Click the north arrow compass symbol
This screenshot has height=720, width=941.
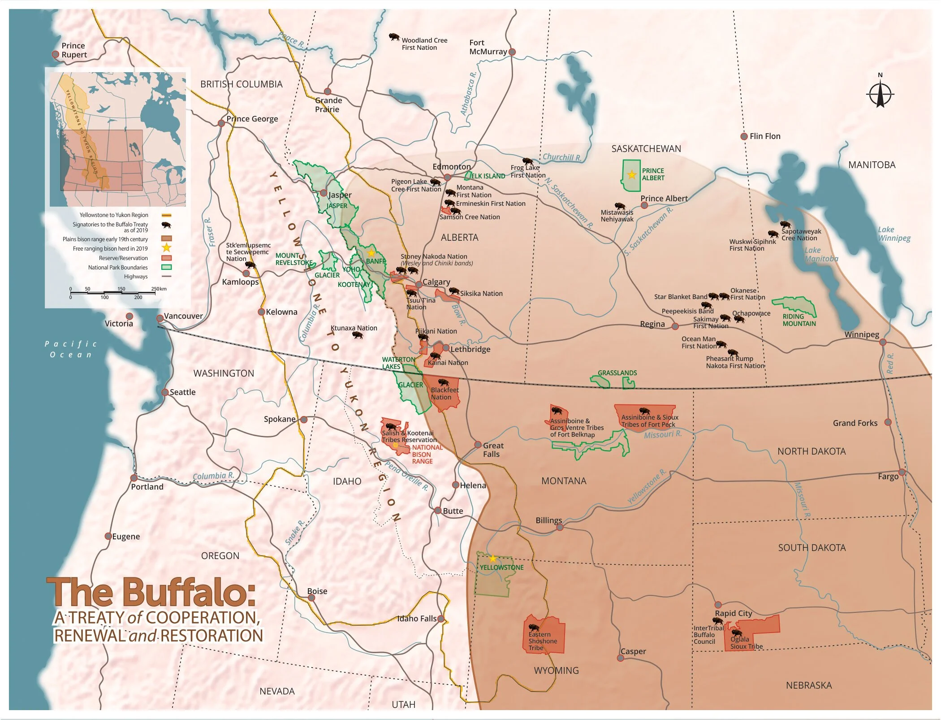click(x=880, y=94)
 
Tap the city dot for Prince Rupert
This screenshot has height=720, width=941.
click(x=56, y=54)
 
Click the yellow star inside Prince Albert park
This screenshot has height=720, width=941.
click(x=632, y=175)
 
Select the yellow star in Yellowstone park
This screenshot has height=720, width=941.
click(x=493, y=559)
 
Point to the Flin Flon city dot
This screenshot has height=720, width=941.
click(x=744, y=136)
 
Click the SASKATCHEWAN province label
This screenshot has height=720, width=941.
click(x=646, y=149)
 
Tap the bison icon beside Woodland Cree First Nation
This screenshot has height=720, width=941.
click(x=394, y=37)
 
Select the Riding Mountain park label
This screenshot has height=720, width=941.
click(x=799, y=320)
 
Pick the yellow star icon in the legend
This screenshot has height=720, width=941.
click(x=166, y=247)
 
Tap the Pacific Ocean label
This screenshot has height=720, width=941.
click(x=71, y=349)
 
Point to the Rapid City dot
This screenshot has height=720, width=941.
click(x=718, y=605)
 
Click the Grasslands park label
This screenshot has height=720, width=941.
click(x=617, y=373)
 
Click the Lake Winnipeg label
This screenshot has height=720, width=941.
click(x=894, y=234)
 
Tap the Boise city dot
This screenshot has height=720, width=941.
click(x=311, y=598)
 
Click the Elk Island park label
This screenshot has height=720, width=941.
click(x=488, y=176)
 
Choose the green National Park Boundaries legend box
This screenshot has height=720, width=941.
click(x=166, y=267)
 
